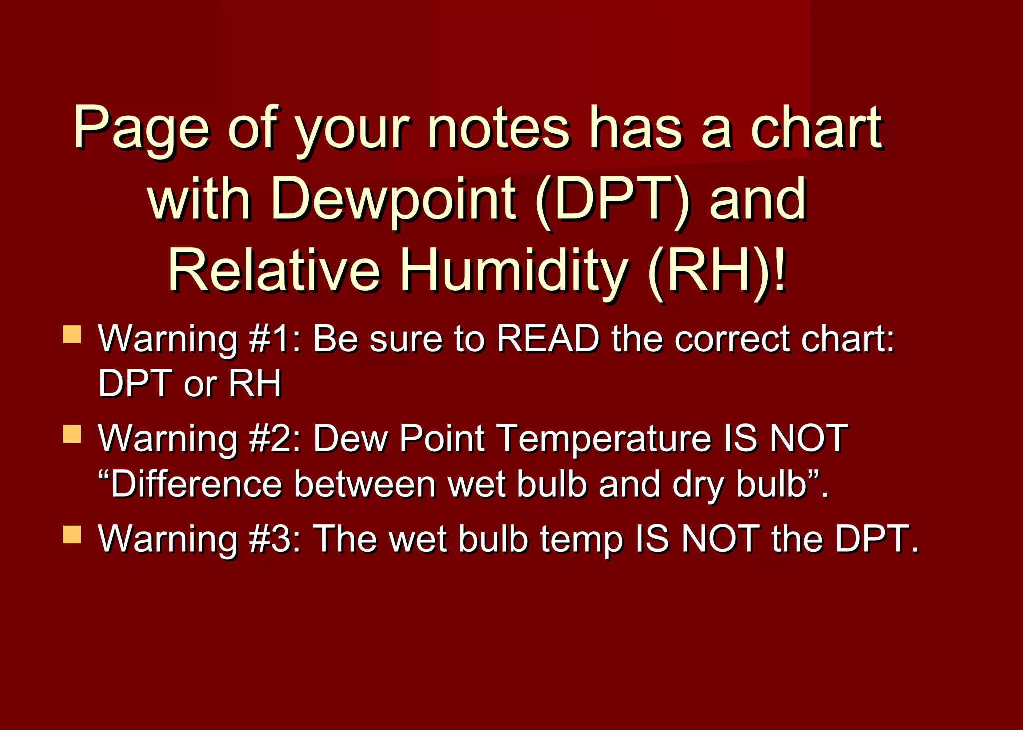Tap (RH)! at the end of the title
pos(717,271)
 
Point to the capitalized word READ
pos(548,339)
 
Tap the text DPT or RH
pos(190,384)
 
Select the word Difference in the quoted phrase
pos(196,484)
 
